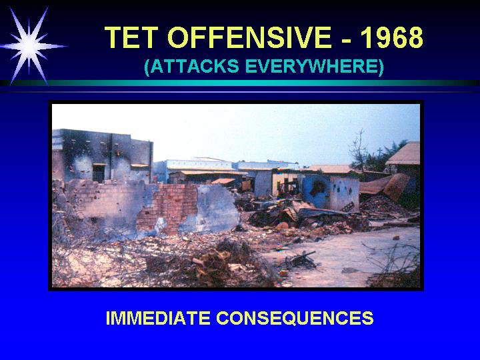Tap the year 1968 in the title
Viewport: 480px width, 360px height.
[392, 37]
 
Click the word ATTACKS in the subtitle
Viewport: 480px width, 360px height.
[191, 66]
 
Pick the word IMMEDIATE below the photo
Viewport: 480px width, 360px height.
[158, 318]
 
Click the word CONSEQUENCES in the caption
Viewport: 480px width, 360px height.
[295, 319]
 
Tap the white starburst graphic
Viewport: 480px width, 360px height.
[29, 46]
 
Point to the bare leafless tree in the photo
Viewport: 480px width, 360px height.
[359, 150]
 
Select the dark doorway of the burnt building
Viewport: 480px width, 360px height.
[99, 173]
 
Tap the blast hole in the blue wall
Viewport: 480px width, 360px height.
[319, 187]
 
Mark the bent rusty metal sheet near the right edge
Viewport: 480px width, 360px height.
[386, 186]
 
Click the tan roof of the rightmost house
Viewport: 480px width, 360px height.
[403, 154]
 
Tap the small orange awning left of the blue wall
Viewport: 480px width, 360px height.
[223, 181]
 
